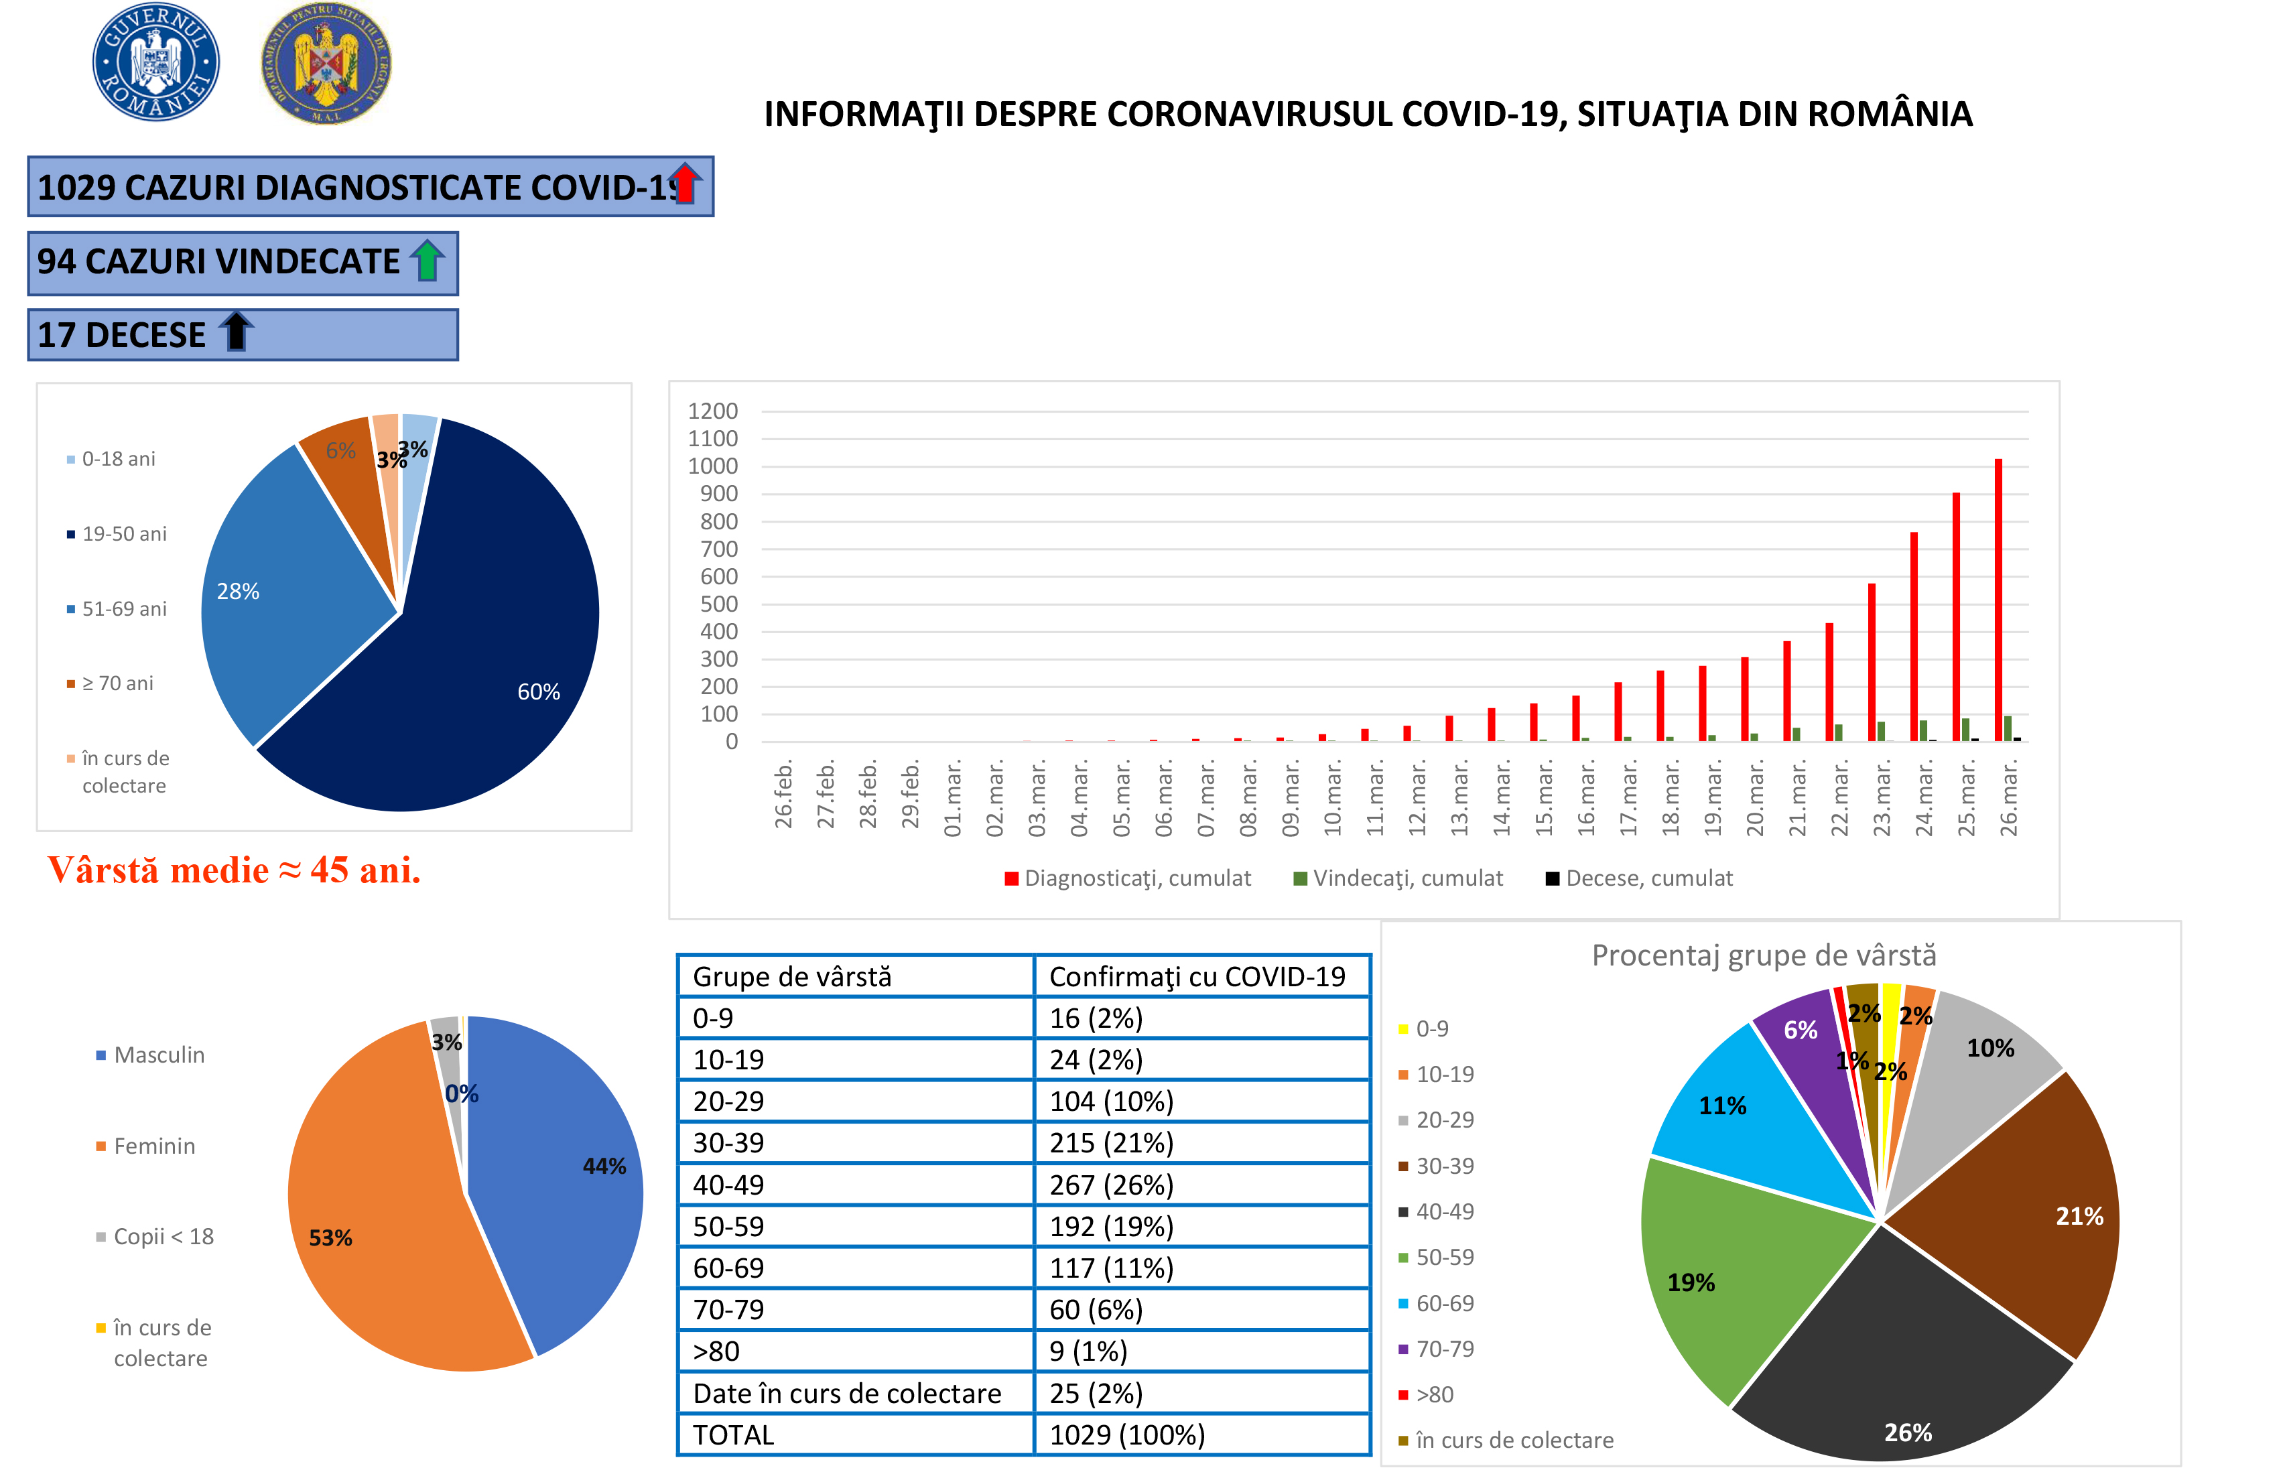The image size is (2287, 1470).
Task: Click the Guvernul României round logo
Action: click(x=155, y=61)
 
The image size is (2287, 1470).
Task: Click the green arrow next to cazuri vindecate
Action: click(x=427, y=260)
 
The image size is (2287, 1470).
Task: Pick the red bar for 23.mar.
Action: click(x=1871, y=663)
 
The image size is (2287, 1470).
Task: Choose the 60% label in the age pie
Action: click(x=538, y=692)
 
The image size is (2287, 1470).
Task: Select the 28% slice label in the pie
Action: click(x=238, y=592)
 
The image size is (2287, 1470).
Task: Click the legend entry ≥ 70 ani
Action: click(x=117, y=683)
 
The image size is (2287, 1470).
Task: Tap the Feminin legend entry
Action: click(x=153, y=1146)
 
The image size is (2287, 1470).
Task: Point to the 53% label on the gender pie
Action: click(x=330, y=1238)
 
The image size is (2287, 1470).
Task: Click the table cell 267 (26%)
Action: click(x=1111, y=1185)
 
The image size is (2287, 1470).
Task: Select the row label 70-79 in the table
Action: click(x=728, y=1310)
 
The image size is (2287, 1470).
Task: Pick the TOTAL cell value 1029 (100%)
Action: click(x=1126, y=1434)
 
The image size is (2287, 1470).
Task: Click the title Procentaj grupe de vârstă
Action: click(x=1763, y=955)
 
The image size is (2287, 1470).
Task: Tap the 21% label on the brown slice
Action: click(x=2079, y=1216)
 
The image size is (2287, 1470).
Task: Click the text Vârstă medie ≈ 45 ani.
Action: click(x=234, y=870)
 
